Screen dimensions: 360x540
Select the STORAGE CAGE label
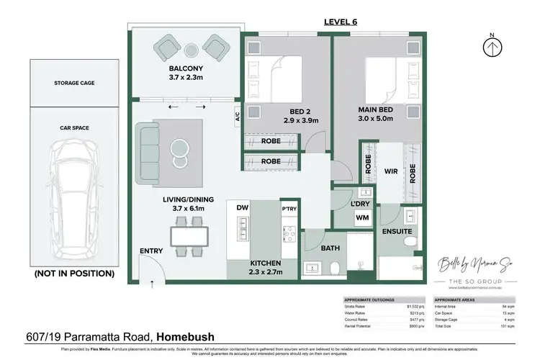coord(74,83)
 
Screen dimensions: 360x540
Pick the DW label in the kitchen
coord(242,208)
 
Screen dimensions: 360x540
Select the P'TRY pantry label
coord(289,207)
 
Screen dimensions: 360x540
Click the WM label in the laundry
coord(362,217)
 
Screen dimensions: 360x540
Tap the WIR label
coord(391,173)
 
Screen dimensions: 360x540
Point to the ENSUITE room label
coord(396,233)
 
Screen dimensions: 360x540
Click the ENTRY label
coord(152,251)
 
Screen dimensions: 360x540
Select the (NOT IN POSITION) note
coord(73,274)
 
